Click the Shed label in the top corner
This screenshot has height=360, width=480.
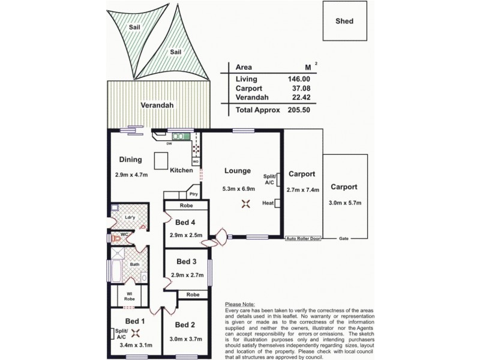[x=344, y=21]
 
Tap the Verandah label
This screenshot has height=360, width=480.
[x=157, y=105]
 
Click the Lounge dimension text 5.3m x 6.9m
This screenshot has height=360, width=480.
[x=239, y=188]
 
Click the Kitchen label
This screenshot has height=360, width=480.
[x=181, y=170]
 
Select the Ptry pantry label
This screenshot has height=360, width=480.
[x=193, y=194]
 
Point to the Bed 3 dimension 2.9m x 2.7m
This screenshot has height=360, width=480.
[x=186, y=274]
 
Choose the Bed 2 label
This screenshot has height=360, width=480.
[x=185, y=325]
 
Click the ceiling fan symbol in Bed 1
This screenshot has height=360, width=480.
[x=135, y=334]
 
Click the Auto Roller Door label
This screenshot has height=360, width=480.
[x=303, y=238]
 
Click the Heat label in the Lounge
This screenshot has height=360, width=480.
[x=268, y=203]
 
